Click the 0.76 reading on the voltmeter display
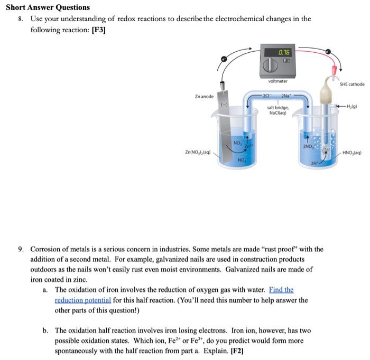coord(284,52)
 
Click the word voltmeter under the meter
coord(278,81)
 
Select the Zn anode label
coord(204,97)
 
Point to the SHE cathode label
coord(351,84)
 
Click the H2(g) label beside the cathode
coord(350,108)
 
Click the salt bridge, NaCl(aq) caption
coord(277,110)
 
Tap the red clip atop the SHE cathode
coord(334,70)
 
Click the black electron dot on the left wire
coord(224,59)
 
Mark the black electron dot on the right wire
coord(328,52)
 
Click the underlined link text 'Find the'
coord(281,290)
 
